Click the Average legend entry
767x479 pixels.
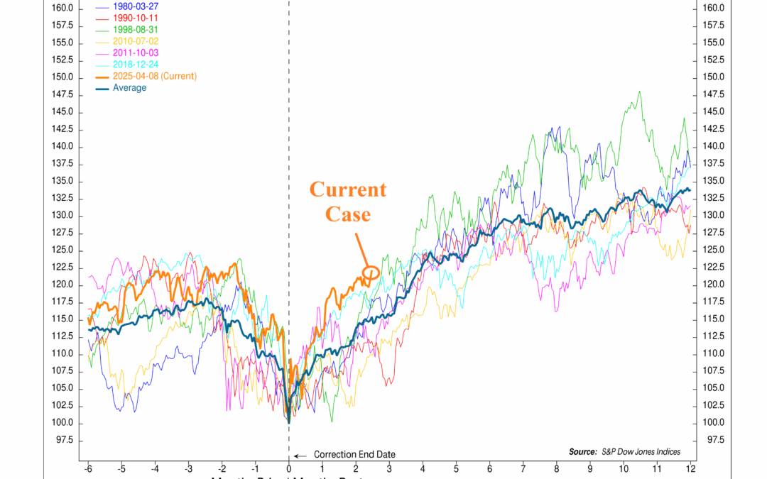click(129, 88)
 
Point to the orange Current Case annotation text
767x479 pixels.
click(347, 202)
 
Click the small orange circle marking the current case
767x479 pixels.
click(371, 272)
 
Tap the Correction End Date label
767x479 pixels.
click(354, 455)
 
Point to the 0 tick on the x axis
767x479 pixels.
click(289, 470)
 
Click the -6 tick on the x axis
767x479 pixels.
click(88, 470)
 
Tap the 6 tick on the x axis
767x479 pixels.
click(490, 470)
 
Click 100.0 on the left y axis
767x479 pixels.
click(62, 423)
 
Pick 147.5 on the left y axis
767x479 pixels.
click(62, 94)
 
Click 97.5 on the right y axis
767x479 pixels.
click(712, 440)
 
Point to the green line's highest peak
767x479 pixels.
click(640, 92)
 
